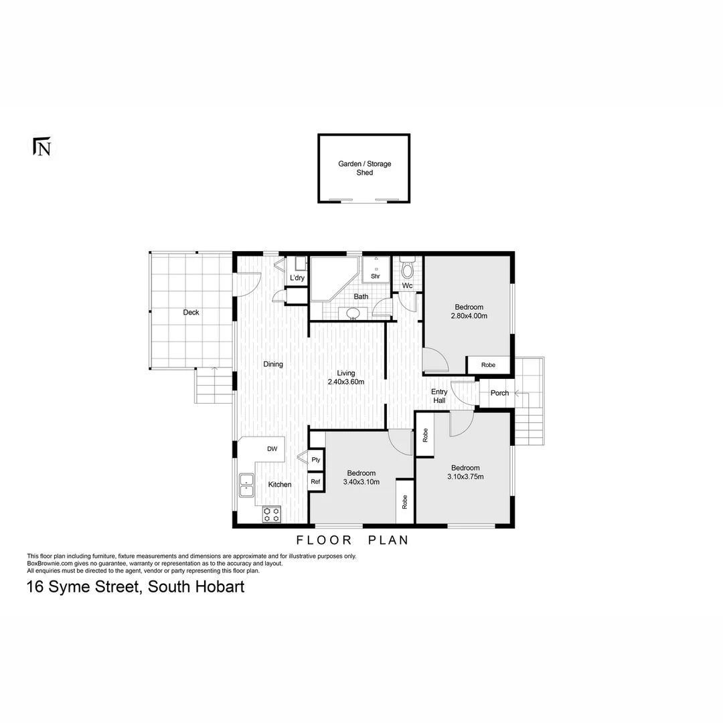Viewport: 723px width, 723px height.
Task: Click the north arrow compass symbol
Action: point(42,147)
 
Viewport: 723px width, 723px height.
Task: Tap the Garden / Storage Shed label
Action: point(364,168)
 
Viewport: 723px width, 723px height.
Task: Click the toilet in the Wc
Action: point(407,270)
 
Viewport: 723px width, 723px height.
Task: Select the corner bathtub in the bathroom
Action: point(332,277)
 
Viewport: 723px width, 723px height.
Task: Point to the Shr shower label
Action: point(376,276)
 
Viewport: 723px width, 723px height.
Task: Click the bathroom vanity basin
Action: point(352,313)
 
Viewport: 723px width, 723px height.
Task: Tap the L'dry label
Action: point(297,278)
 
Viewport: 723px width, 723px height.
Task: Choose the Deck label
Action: point(191,312)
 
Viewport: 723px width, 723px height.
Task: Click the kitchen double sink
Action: point(246,485)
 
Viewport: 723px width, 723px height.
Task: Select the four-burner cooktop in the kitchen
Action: point(272,514)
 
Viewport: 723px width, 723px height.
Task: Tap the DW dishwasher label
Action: point(272,449)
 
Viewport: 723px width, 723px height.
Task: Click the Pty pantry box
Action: point(316,460)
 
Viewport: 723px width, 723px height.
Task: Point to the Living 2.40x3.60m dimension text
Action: point(346,382)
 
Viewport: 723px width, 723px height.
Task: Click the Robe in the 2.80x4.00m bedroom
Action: point(489,365)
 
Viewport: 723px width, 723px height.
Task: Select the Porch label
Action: point(499,393)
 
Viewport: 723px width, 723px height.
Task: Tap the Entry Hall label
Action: point(439,396)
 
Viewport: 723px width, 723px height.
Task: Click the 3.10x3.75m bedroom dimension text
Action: point(465,477)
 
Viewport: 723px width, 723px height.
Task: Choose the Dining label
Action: point(273,364)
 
